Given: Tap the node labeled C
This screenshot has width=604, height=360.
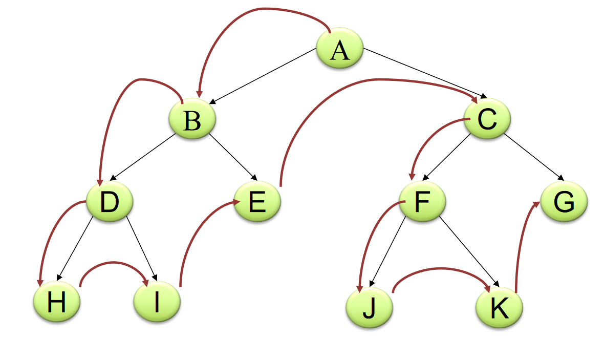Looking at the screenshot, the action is click(487, 119).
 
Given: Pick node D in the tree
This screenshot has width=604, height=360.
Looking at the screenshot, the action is click(110, 202).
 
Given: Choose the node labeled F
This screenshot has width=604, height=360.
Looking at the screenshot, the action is click(422, 202).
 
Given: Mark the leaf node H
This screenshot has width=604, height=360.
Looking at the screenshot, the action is click(56, 303).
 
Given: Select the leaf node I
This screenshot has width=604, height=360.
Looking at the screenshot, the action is click(157, 303).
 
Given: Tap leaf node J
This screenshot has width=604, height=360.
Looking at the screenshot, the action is click(369, 309).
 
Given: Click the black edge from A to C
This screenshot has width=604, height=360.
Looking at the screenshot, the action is click(425, 72).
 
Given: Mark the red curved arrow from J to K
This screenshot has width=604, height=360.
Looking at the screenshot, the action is click(440, 268).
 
